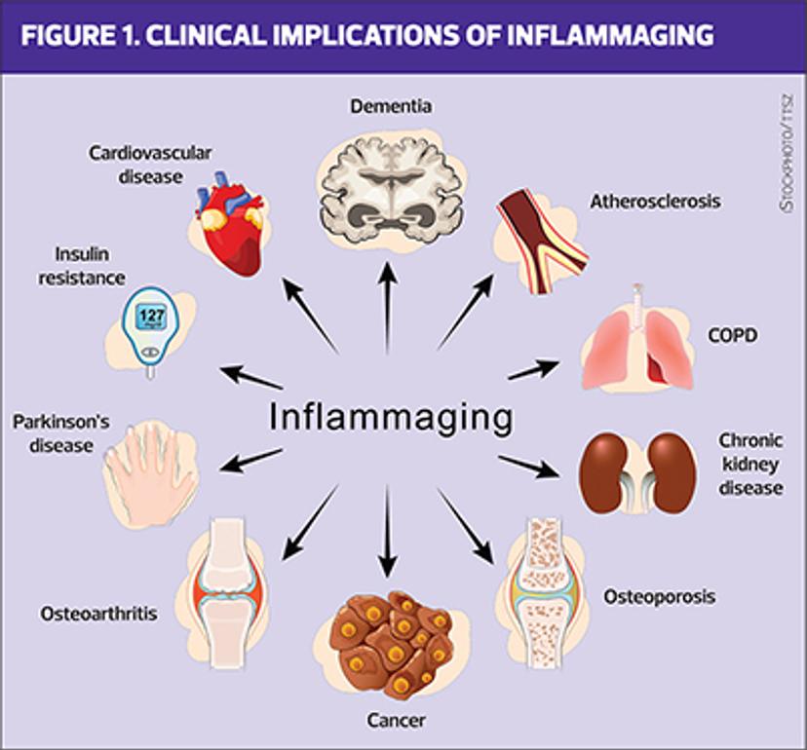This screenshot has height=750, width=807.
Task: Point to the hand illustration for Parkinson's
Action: [151, 468]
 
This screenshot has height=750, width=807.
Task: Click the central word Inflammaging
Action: [390, 417]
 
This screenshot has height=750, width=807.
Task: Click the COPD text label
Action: [731, 336]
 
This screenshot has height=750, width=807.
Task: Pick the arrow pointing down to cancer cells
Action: [388, 531]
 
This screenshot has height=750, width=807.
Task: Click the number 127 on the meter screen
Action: [150, 317]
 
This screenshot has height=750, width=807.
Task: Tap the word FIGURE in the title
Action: [67, 37]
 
